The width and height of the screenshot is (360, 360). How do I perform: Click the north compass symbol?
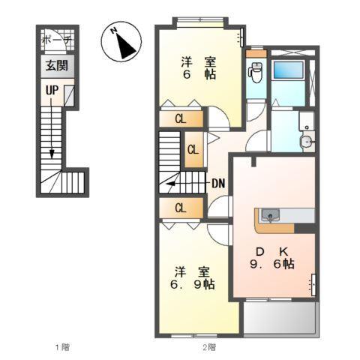pyautogui.click(x=123, y=43)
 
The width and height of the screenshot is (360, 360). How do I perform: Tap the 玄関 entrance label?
pyautogui.click(x=55, y=65)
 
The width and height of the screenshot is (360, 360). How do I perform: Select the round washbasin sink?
pyautogui.click(x=305, y=142)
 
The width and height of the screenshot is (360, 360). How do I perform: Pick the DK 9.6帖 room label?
pyautogui.click(x=271, y=256)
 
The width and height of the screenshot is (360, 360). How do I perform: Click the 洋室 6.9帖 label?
pyautogui.click(x=192, y=278)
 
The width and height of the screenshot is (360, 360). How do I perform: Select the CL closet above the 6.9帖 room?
pyautogui.click(x=181, y=208)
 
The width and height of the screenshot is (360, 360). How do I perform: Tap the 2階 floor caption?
pyautogui.click(x=208, y=347)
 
